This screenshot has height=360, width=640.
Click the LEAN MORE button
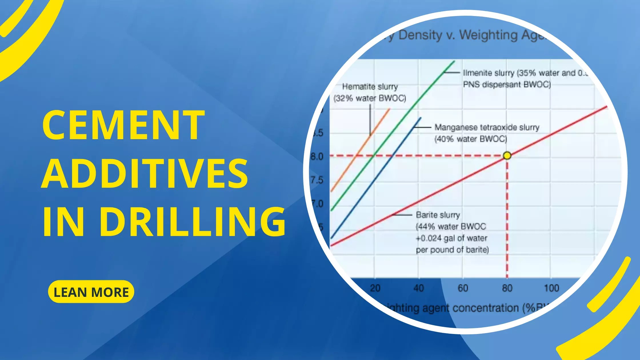91,292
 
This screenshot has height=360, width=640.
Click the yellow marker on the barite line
507,156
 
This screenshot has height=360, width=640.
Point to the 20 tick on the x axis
375,288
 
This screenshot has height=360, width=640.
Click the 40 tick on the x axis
419,288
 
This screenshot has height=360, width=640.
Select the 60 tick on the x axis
463,288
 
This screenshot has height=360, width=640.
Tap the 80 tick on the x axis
507,288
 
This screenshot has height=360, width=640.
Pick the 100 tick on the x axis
551,288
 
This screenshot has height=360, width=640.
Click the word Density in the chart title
420,35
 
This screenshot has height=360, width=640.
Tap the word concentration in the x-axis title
486,308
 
